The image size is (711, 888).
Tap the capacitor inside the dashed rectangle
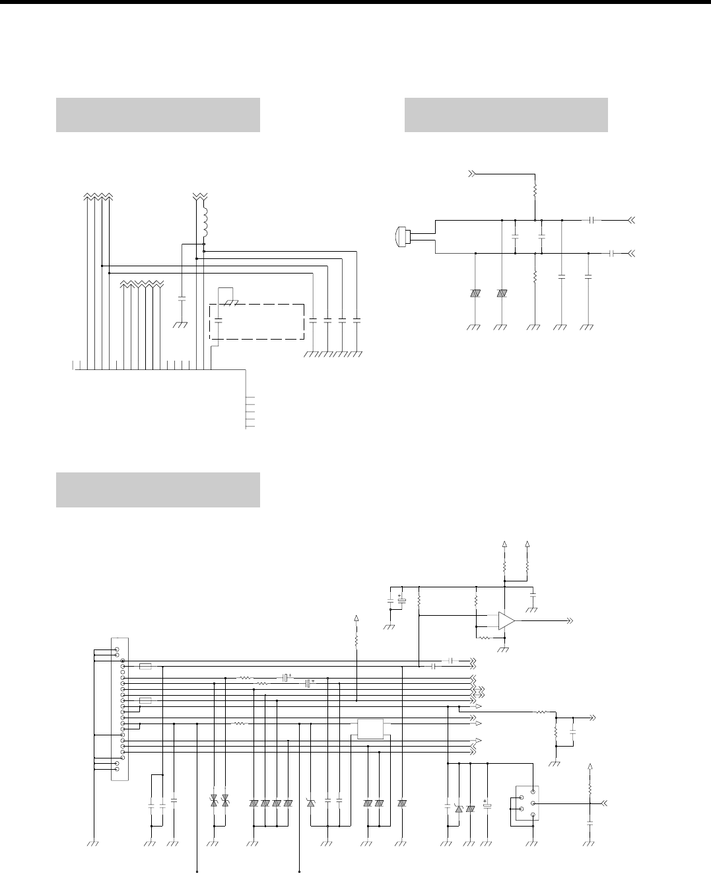(x=219, y=321)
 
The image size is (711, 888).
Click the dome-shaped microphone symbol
(x=401, y=237)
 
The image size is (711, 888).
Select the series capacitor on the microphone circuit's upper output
(x=593, y=219)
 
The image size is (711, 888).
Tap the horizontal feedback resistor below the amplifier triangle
(x=483, y=638)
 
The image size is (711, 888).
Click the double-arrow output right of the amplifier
(x=568, y=621)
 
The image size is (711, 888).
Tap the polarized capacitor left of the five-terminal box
(x=487, y=805)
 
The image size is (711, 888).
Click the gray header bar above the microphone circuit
(x=506, y=115)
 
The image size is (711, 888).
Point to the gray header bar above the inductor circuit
(x=158, y=115)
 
